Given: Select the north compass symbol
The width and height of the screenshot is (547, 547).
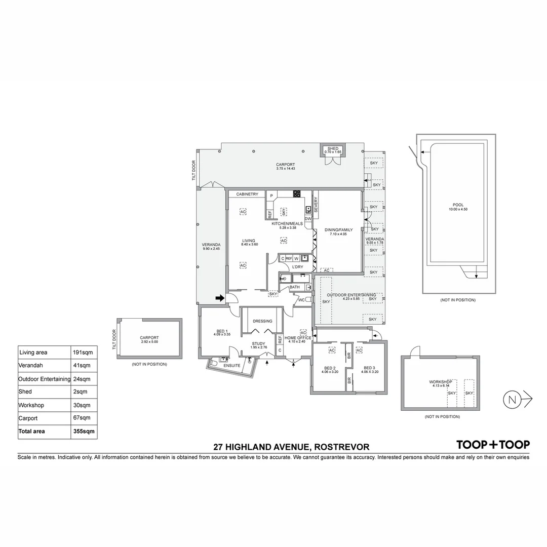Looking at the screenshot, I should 512,400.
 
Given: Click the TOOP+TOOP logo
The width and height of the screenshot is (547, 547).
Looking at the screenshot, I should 493,445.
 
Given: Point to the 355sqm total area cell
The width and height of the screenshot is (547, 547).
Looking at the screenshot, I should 83,432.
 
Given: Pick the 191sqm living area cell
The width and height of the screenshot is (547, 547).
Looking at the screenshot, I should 83,353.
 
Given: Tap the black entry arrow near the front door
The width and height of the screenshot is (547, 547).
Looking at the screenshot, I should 219,298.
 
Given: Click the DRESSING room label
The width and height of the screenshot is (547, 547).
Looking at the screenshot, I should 262,321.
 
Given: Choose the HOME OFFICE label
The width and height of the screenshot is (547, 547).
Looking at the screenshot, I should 297,338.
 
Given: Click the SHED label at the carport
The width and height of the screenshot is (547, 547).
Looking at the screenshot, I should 333,148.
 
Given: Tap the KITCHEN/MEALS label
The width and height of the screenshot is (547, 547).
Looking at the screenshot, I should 287,223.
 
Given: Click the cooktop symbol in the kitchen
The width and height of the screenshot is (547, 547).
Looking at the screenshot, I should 297,193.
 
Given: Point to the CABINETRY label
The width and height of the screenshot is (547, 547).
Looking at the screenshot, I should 247,194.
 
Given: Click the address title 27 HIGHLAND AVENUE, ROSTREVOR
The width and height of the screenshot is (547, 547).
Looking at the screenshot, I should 291,447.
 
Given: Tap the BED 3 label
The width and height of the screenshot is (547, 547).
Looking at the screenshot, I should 369,368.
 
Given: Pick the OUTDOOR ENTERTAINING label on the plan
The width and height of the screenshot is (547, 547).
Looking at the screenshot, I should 351,295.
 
